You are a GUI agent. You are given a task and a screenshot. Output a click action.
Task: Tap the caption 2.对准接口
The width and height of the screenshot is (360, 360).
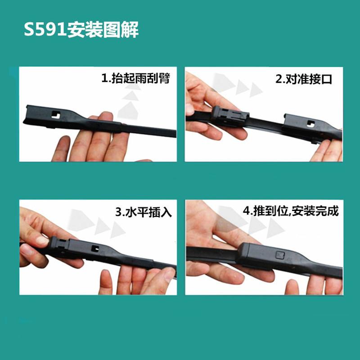pos(304,80)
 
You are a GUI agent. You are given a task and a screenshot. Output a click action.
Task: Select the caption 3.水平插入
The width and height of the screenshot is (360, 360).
pos(144,211)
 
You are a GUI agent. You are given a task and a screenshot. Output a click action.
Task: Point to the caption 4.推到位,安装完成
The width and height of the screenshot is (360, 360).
pos(291,211)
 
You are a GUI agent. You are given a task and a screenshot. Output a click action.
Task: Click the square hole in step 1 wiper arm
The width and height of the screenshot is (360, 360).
pos(56,114)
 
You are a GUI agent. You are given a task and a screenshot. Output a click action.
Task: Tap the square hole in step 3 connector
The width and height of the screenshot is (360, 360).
pos(95,247)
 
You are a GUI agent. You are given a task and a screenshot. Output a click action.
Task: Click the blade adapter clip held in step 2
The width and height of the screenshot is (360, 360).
pos(230,115)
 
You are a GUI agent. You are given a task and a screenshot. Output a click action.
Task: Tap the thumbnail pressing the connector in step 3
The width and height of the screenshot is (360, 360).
pos(41,241)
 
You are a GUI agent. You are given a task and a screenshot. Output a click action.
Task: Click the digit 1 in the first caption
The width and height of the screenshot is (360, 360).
pos(104,80)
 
